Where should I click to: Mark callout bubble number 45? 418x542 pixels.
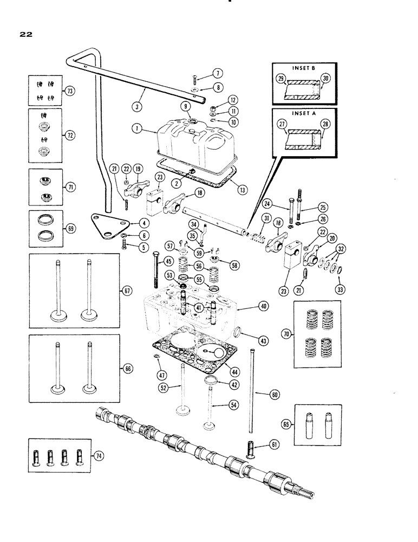coord(169,262)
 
